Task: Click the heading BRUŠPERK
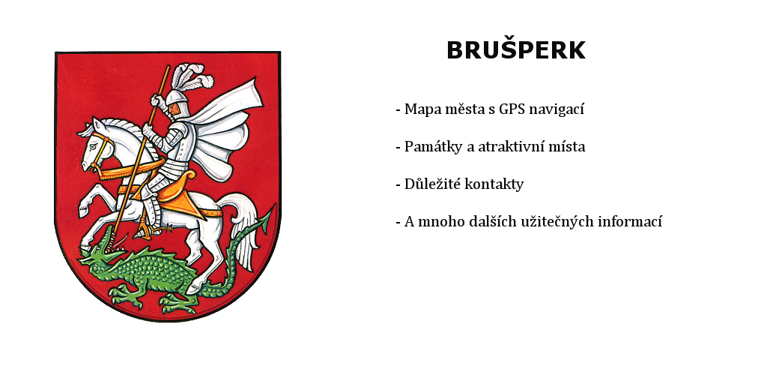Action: [x=516, y=49]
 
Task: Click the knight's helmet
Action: [x=177, y=103]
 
